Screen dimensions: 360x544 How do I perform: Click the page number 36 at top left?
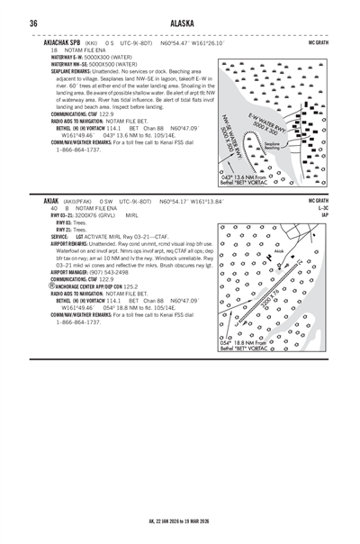coord(33,24)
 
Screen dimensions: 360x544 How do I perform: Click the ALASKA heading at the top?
coord(180,24)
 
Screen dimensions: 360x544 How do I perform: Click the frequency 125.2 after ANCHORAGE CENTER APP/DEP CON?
coord(131,286)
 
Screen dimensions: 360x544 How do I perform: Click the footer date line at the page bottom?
coord(179,521)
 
